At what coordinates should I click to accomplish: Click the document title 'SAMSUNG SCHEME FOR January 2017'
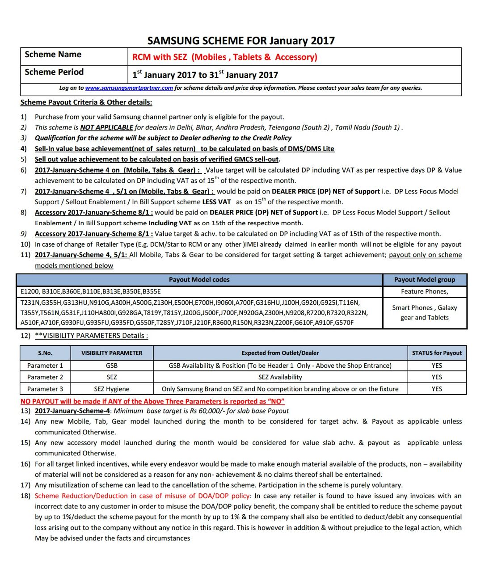(241, 41)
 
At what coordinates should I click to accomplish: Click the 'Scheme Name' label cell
(53, 55)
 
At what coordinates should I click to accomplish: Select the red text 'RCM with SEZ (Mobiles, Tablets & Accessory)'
(224, 57)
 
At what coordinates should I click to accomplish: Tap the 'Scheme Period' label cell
(54, 72)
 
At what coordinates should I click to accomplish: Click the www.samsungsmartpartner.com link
(129, 88)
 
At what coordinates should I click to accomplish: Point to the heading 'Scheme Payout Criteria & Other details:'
(86, 102)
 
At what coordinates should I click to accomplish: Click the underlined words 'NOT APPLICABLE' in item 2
(106, 127)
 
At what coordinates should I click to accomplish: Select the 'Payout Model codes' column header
(199, 280)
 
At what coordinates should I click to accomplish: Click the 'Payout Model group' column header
(424, 280)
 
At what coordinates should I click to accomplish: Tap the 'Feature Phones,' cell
(424, 291)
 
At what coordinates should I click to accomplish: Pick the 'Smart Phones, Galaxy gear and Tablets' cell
(424, 312)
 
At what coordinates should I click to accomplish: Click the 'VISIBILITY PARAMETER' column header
(112, 353)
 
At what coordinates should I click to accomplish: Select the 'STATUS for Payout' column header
(437, 353)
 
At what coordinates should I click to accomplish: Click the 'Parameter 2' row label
(45, 377)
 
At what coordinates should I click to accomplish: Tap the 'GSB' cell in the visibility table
(112, 366)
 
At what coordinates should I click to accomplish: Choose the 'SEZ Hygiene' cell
(112, 389)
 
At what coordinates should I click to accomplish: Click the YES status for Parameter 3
(437, 389)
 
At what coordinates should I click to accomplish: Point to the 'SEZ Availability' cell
(280, 377)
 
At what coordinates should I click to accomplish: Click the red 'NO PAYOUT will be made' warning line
(152, 401)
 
